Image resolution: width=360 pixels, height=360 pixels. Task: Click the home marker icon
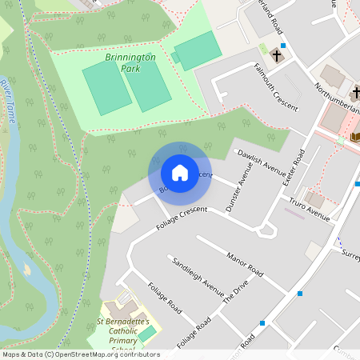(x=180, y=173)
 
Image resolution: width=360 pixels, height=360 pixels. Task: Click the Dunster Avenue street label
(x=238, y=186)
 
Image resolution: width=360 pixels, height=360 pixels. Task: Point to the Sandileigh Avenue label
(x=197, y=276)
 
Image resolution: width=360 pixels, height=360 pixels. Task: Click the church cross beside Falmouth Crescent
(x=277, y=56)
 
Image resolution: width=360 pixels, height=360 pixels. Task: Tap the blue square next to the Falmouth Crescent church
(x=283, y=46)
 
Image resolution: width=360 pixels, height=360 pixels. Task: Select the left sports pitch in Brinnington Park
(x=106, y=87)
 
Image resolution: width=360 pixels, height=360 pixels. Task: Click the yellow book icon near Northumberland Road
(x=354, y=137)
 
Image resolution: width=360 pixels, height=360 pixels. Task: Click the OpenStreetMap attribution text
(x=80, y=354)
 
